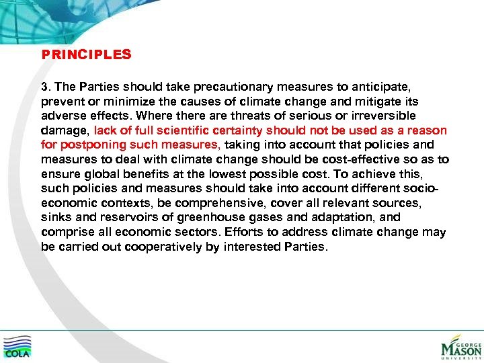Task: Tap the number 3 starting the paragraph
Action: pos(44,87)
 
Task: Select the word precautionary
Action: pos(251,87)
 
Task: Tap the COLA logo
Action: pos(17,346)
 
